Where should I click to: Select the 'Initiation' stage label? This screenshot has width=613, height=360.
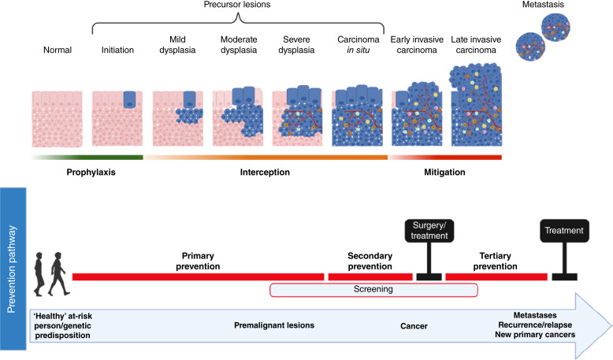118,50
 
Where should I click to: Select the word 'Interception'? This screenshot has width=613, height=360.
259,172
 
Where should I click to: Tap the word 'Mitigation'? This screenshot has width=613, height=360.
439,172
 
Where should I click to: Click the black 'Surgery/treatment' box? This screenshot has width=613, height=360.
427,230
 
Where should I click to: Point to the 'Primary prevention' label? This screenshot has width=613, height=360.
197,261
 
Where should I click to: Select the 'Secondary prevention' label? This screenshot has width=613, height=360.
369,261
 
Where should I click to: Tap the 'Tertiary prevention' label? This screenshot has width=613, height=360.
496,261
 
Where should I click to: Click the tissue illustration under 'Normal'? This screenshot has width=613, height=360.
56,118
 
